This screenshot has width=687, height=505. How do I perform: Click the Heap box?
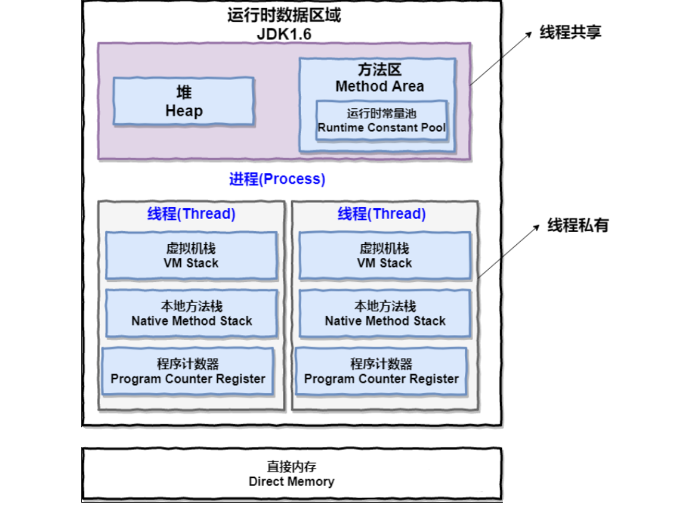click(183, 101)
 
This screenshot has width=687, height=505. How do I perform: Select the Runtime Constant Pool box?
click(381, 120)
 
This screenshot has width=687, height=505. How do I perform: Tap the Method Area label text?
click(379, 87)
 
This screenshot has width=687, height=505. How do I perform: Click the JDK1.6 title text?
click(284, 34)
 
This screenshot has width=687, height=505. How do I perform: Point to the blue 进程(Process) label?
click(277, 179)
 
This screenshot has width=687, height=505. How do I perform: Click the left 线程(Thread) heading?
click(191, 214)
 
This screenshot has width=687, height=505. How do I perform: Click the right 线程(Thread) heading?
click(381, 214)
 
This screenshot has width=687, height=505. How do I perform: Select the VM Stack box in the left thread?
click(191, 255)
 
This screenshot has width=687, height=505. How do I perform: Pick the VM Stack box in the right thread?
click(385, 255)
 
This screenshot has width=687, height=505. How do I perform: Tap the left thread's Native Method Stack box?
click(191, 313)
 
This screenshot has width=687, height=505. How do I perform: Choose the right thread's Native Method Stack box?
click(385, 313)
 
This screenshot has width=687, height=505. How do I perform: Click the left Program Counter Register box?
click(188, 371)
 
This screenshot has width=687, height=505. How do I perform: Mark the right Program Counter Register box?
click(381, 371)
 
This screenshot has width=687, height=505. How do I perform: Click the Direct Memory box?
click(291, 474)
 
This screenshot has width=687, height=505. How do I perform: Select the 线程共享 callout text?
click(570, 32)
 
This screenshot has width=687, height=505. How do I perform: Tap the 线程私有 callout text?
click(577, 225)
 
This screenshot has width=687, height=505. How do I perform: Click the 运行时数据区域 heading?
click(284, 16)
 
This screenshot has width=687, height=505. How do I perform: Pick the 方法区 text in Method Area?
click(379, 70)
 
